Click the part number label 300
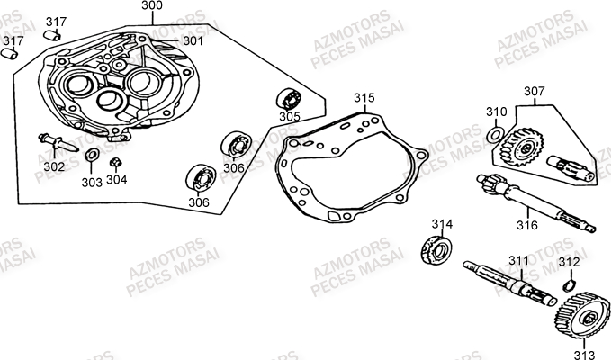(x=152, y=5)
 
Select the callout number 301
(x=193, y=40)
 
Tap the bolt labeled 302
(x=58, y=142)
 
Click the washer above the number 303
(x=92, y=155)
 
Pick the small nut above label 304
(x=116, y=163)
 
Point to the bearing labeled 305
(x=289, y=100)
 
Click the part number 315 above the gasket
(x=364, y=98)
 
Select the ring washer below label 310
(x=495, y=135)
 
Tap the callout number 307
(x=535, y=91)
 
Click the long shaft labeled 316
(x=535, y=203)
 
